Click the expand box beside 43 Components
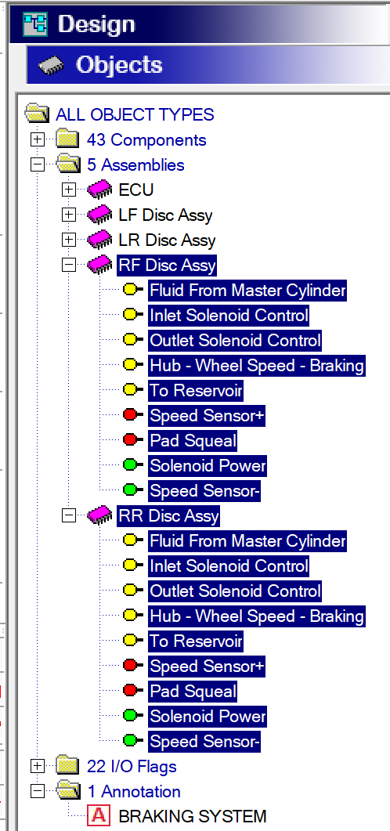(38, 140)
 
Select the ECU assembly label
(136, 190)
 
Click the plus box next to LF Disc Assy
(69, 215)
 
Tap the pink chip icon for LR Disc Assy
(99, 240)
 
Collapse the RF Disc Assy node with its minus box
(69, 265)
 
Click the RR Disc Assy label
(168, 515)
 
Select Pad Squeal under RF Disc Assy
(193, 440)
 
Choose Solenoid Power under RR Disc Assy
(208, 717)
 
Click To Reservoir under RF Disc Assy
(196, 391)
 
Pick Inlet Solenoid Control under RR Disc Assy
(229, 566)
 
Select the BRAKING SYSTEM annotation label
(193, 816)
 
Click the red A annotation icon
(99, 815)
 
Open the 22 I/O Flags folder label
(132, 766)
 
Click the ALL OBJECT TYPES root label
(135, 114)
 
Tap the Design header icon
(35, 24)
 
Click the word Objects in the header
(119, 65)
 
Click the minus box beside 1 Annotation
(38, 791)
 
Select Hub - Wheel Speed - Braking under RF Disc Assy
(257, 366)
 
